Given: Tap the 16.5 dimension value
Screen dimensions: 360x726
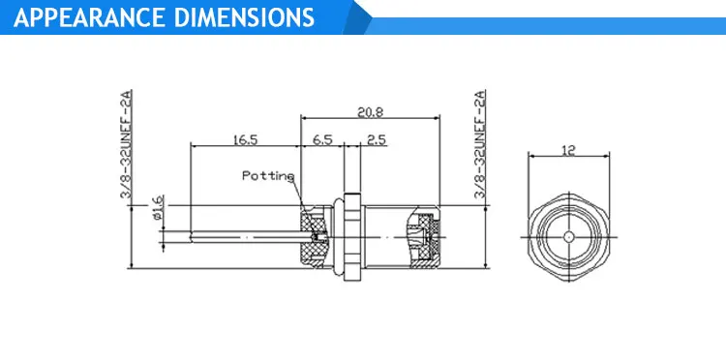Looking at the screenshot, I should [x=245, y=140].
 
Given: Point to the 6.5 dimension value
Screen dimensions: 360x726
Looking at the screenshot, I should [x=322, y=140].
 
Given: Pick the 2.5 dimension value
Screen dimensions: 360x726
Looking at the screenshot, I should [x=376, y=140].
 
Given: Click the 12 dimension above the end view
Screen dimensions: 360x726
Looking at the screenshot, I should [x=568, y=150].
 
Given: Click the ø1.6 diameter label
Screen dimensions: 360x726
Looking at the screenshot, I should [x=159, y=207].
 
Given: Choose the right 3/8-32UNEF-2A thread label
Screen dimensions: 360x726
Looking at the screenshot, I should [x=478, y=145].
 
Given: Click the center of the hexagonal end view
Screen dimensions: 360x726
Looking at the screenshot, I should [x=568, y=234].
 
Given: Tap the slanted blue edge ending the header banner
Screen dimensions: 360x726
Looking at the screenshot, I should [x=360, y=17].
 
